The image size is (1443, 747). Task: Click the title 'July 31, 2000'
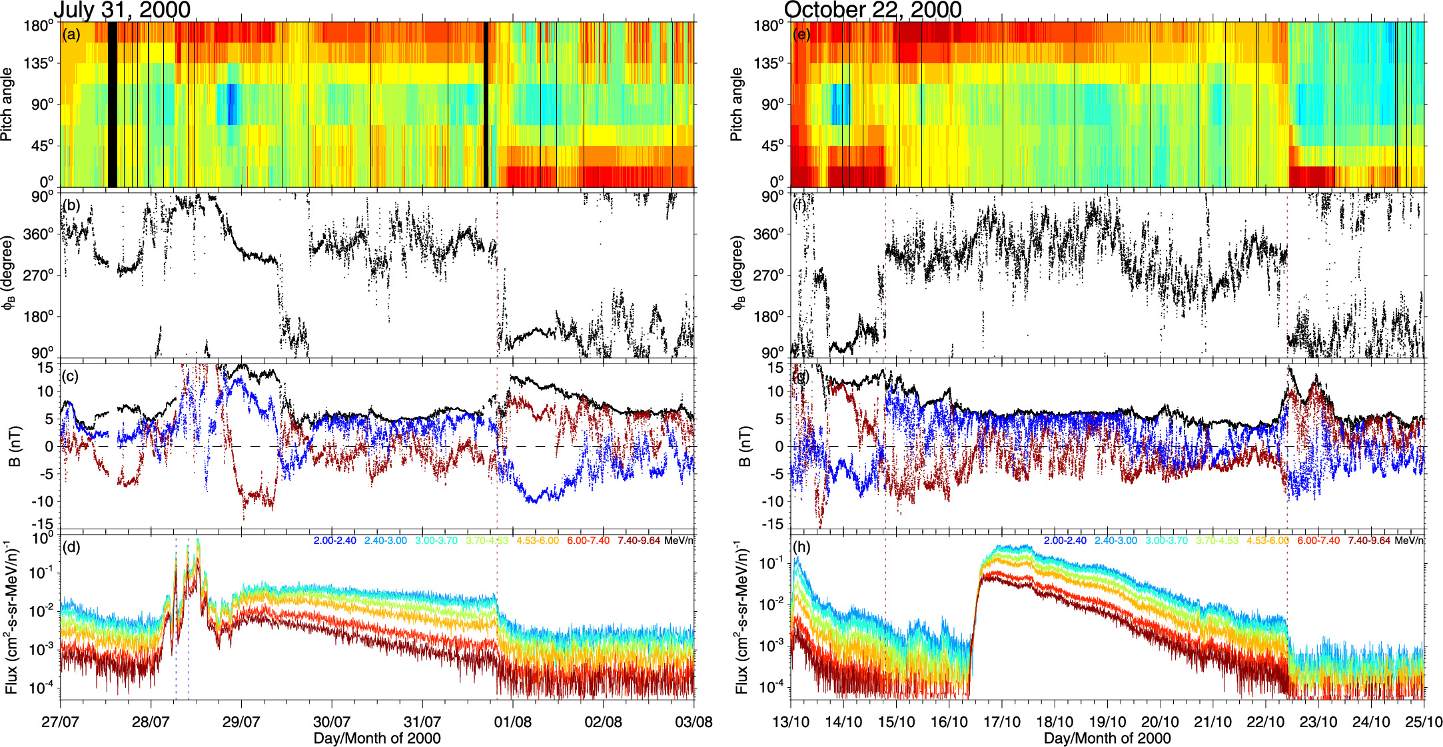click(122, 10)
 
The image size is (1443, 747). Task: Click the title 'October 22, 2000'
click(873, 10)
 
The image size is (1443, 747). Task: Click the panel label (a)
click(71, 35)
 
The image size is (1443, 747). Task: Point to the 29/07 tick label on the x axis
click(241, 722)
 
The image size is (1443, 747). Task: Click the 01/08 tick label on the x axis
click(513, 722)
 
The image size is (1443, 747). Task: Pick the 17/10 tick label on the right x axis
click(1002, 722)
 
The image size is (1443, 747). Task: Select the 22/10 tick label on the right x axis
click(1266, 722)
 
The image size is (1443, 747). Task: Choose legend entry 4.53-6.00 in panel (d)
click(537, 541)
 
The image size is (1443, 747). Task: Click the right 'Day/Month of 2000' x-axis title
click(1107, 738)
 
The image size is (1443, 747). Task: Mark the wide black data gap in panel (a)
click(113, 105)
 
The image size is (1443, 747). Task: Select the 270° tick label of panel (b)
click(39, 275)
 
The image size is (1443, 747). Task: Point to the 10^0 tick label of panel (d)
click(43, 537)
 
